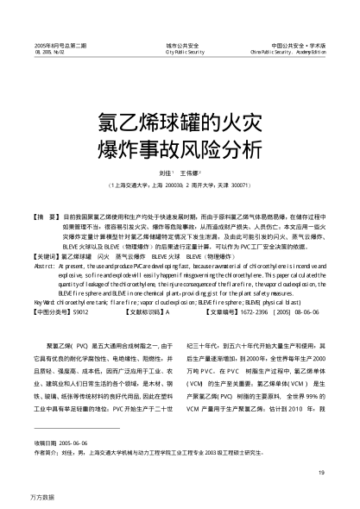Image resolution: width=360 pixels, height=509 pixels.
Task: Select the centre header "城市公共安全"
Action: click(x=180, y=43)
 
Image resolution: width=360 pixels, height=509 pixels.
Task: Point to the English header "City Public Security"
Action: click(x=180, y=51)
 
